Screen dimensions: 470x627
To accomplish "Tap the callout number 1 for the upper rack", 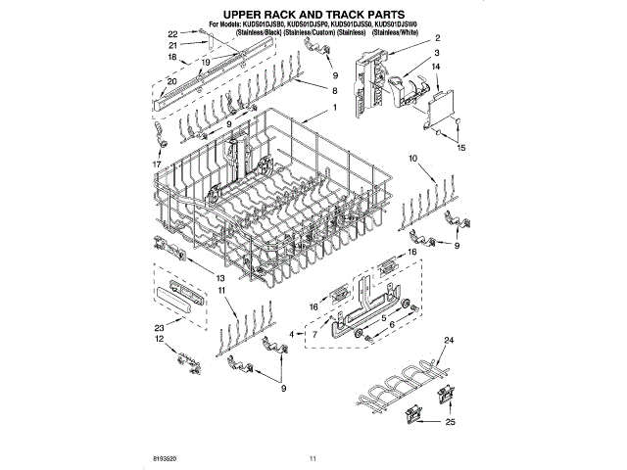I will (335, 107).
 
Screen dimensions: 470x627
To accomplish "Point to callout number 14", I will (436, 67).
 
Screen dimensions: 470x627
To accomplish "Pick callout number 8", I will (335, 89).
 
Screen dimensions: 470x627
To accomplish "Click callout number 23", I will (159, 327).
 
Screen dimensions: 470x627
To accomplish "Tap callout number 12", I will (159, 339).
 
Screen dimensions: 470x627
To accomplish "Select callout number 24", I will (450, 340).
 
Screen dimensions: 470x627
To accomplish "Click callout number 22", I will (172, 33).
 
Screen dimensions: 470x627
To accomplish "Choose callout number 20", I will (172, 81).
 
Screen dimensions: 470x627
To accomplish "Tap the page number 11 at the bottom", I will (313, 458).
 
